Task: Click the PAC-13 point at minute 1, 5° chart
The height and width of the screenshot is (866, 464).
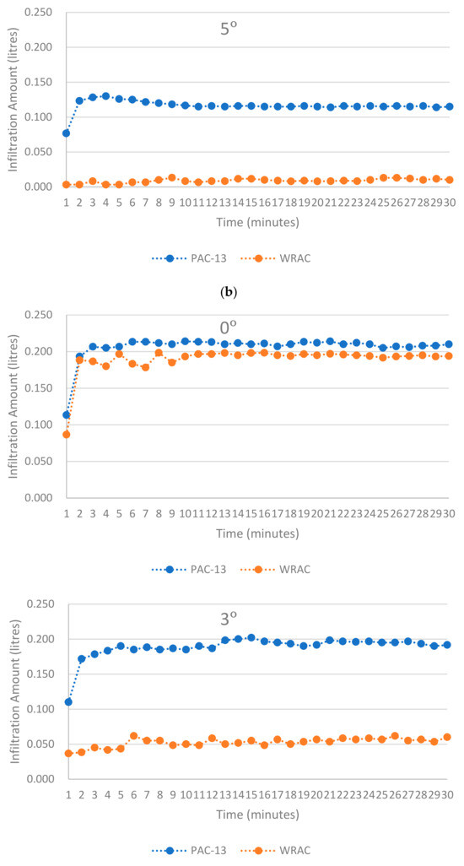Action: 66,133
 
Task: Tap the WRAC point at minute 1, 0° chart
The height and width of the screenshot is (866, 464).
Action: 66,435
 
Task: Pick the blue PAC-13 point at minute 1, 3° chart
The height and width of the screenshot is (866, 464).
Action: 67,702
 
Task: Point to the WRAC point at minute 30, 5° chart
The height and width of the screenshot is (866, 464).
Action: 449,180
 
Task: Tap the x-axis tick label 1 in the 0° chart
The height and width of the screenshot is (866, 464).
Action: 66,511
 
